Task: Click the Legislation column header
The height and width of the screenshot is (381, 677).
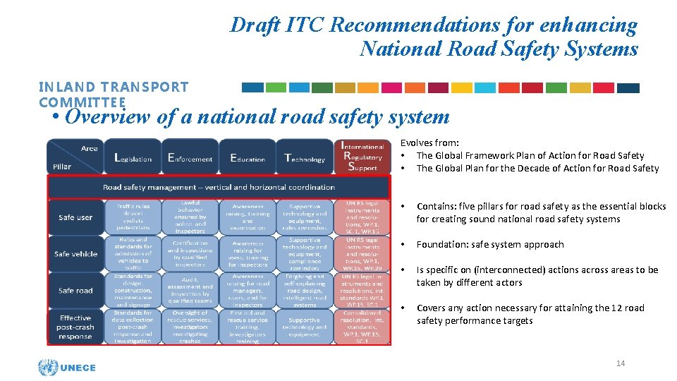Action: [x=133, y=157]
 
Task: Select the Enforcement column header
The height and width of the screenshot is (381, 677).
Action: [x=190, y=157]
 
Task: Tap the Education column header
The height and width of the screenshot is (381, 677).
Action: [x=248, y=157]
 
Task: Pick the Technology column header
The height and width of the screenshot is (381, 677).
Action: [x=305, y=157]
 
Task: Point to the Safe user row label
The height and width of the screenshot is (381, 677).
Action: [x=75, y=217]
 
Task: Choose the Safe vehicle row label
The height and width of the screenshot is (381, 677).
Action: [x=75, y=254]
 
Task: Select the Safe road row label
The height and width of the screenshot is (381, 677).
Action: [x=75, y=291]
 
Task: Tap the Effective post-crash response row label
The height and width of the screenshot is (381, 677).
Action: [x=75, y=327]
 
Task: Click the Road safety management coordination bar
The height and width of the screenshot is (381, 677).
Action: [x=218, y=187]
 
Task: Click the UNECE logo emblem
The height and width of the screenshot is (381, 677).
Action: [x=48, y=367]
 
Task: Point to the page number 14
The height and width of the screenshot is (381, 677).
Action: [x=621, y=363]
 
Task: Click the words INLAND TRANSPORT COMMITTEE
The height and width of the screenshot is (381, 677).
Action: [x=114, y=95]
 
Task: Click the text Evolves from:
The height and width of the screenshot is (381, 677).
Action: [x=429, y=143]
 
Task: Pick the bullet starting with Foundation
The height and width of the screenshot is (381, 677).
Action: [x=490, y=244]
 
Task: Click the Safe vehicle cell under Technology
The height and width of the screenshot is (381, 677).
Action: [x=305, y=254]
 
